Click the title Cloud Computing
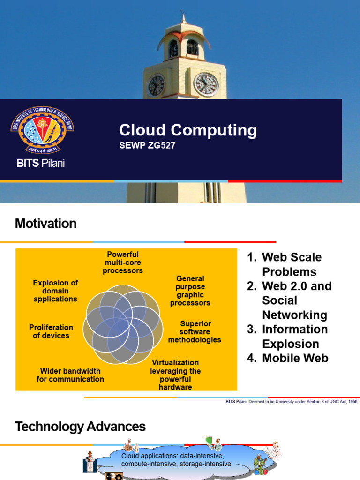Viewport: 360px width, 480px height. (x=187, y=130)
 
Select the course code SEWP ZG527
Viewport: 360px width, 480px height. (x=147, y=145)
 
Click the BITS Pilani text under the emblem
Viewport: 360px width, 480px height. (x=41, y=164)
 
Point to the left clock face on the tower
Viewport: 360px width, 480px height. (x=156, y=85)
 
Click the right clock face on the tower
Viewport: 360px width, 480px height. (x=206, y=84)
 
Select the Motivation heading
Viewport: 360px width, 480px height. (x=45, y=224)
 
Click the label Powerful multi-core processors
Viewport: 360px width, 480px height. (x=123, y=262)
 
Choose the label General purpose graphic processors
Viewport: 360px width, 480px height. (x=190, y=291)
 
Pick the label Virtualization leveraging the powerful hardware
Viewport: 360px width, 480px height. (x=175, y=375)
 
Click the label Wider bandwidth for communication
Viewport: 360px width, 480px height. (x=70, y=375)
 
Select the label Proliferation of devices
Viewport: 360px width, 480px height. (x=51, y=331)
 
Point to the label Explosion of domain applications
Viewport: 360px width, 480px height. (x=55, y=291)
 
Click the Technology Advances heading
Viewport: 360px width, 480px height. (x=80, y=427)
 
